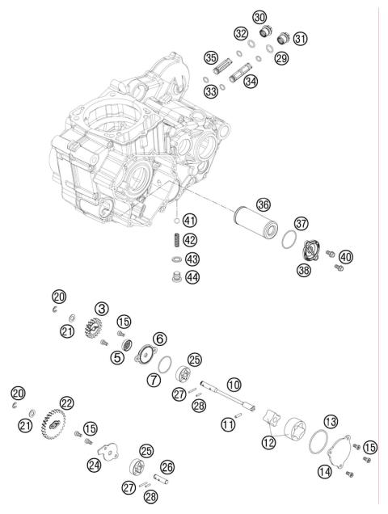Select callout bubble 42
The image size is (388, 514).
point(188,239)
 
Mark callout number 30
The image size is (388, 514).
point(259,16)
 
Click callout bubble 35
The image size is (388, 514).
point(211,58)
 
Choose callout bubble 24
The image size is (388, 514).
point(95,465)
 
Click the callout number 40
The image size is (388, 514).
point(345,257)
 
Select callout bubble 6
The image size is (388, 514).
point(158,339)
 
